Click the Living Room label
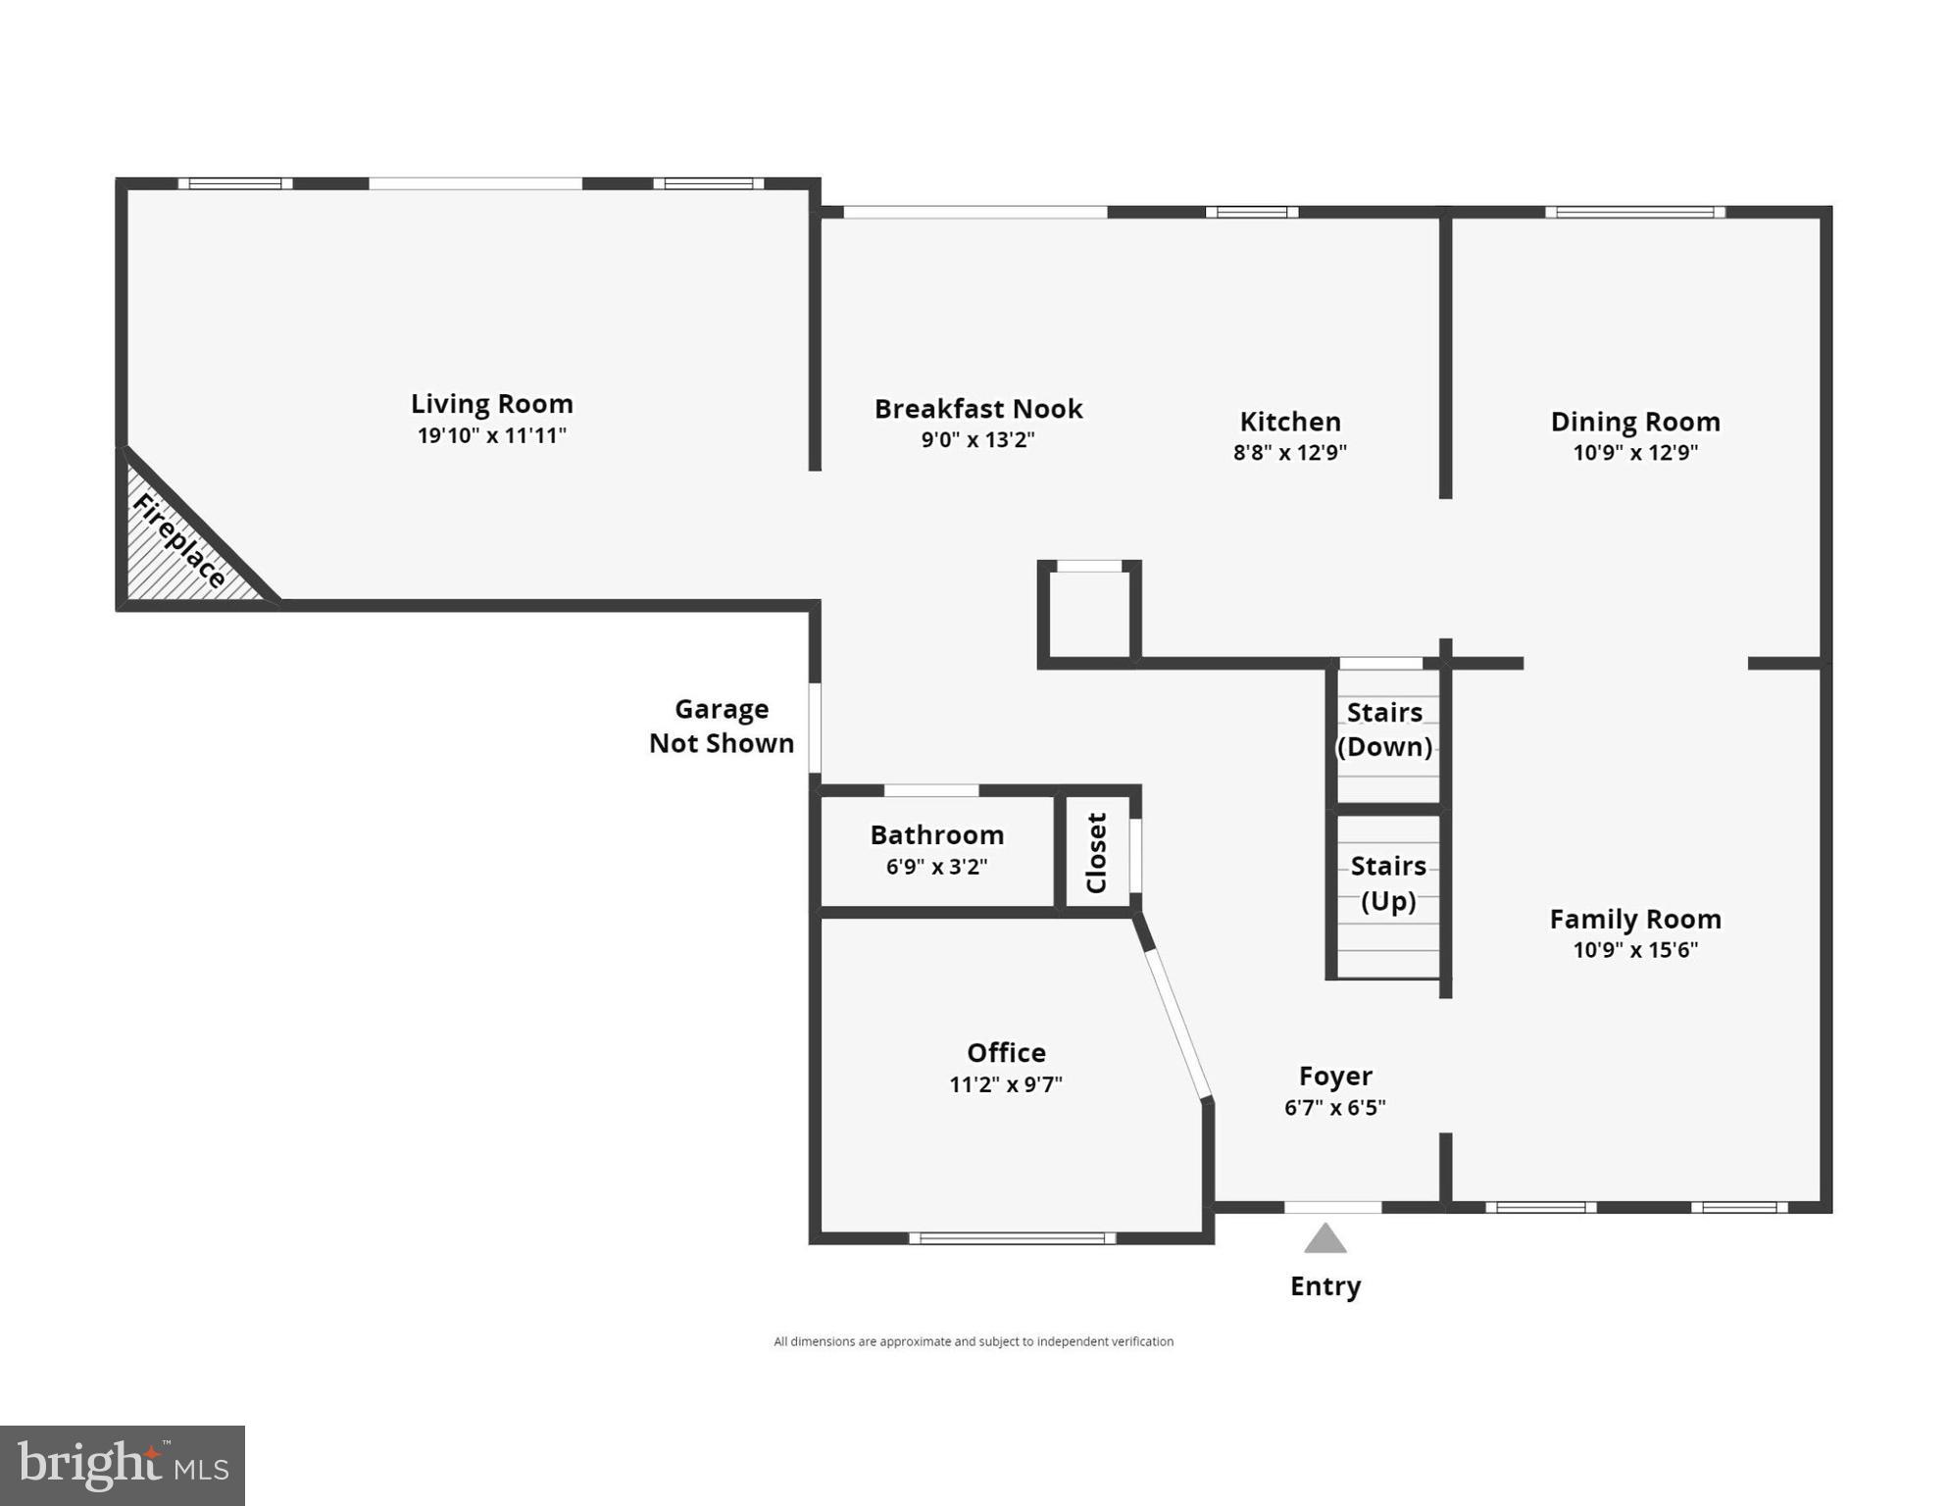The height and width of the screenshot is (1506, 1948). click(491, 404)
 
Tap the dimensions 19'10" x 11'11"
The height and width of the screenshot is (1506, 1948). click(491, 435)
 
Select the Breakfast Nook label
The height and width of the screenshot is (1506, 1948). click(977, 409)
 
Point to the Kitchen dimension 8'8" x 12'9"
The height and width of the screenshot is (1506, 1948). click(1289, 452)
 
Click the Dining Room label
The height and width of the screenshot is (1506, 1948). click(1634, 422)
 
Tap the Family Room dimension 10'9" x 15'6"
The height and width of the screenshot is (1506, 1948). click(1634, 949)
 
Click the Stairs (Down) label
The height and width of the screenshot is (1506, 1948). click(1384, 729)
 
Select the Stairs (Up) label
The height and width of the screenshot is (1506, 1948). click(1387, 882)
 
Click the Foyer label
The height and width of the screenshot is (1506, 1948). click(1334, 1076)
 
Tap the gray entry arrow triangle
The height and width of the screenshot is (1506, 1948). click(1324, 1240)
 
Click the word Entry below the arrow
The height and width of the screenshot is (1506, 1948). click(1324, 1286)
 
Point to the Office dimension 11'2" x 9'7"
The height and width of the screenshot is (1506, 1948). click(1005, 1084)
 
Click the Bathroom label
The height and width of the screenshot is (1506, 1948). click(936, 835)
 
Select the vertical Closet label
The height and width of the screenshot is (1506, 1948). click(1096, 852)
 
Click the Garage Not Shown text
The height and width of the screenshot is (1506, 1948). click(721, 726)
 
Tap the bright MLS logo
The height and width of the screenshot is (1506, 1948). click(123, 1465)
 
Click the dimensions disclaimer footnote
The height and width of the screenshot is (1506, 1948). click(973, 1341)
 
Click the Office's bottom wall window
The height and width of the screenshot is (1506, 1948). click(1012, 1238)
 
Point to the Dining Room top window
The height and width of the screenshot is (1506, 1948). click(1634, 212)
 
